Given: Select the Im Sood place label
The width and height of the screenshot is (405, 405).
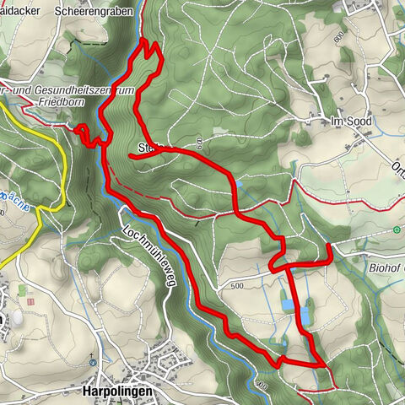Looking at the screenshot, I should coord(352,121).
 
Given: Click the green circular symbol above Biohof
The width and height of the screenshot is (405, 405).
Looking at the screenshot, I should coord(397,229).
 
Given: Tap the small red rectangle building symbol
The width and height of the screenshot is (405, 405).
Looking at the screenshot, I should coord(31,301).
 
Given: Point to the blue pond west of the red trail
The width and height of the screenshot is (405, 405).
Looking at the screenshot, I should coord(287,303).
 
